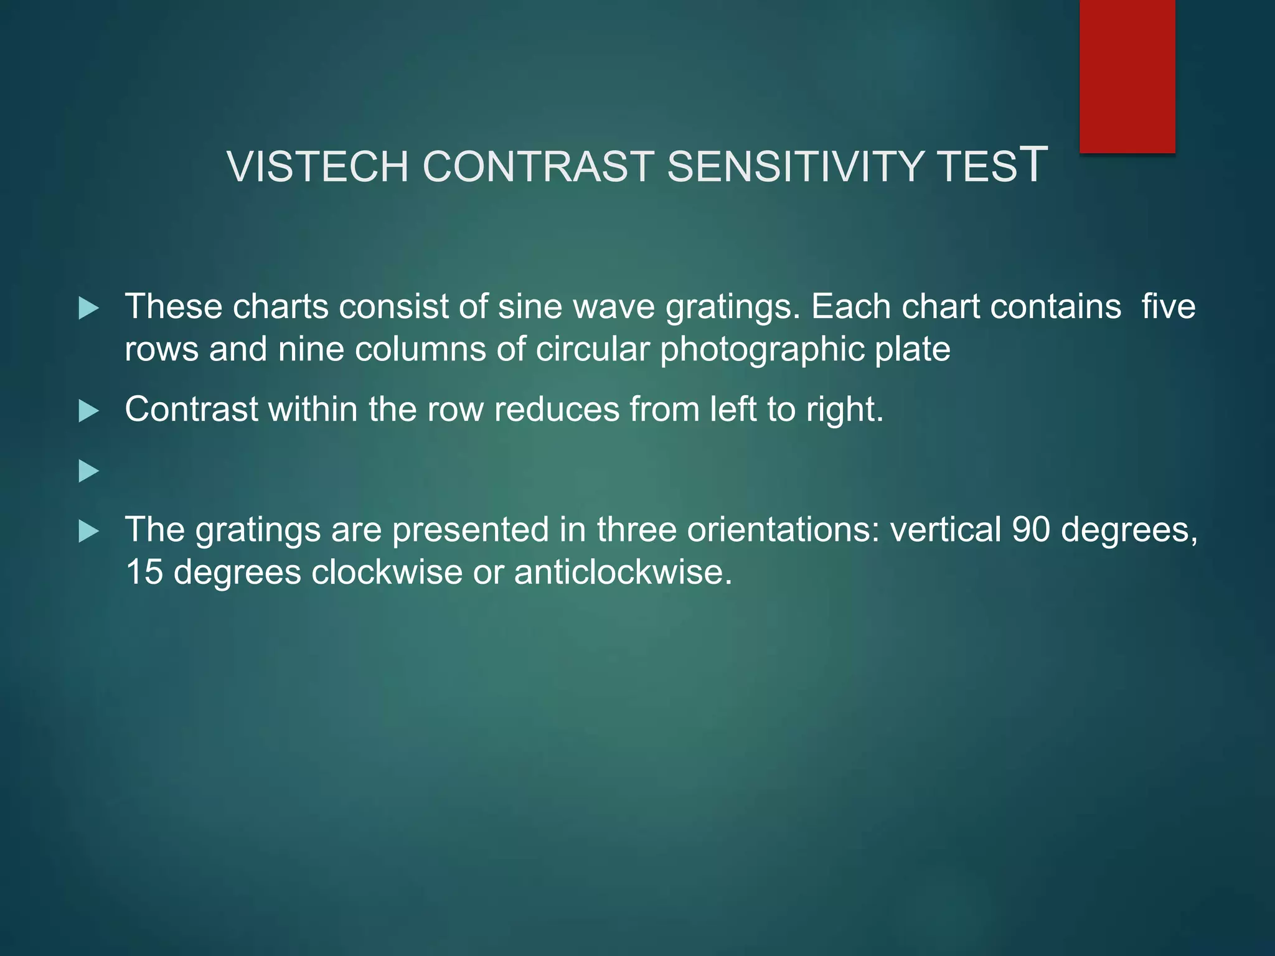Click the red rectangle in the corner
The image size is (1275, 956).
coord(1127,76)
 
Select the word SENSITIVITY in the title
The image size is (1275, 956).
coord(795,167)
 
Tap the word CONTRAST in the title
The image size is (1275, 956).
coord(538,167)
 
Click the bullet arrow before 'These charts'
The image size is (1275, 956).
coord(89,308)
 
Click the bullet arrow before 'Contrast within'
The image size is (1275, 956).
coord(89,411)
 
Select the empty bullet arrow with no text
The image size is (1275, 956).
coord(89,471)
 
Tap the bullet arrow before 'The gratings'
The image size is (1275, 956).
coord(89,531)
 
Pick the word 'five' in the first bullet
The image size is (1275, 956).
coord(1169,307)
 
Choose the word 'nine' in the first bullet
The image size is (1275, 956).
coord(311,349)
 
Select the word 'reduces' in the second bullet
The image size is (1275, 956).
coord(557,410)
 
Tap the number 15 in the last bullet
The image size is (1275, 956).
coord(144,572)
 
